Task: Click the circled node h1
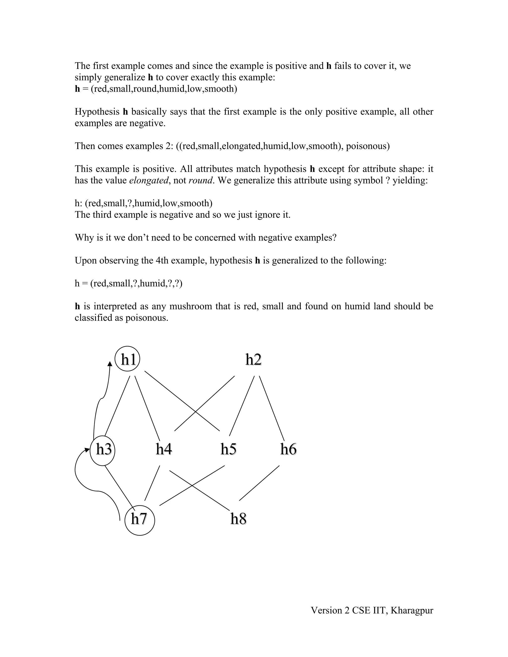[x=127, y=359]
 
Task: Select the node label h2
[x=254, y=359]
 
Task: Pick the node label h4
[x=164, y=449]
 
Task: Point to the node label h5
[x=228, y=449]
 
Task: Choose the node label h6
[x=288, y=449]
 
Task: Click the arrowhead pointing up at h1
[x=110, y=364]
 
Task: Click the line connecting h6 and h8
[x=259, y=483]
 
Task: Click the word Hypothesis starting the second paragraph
[x=97, y=112]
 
